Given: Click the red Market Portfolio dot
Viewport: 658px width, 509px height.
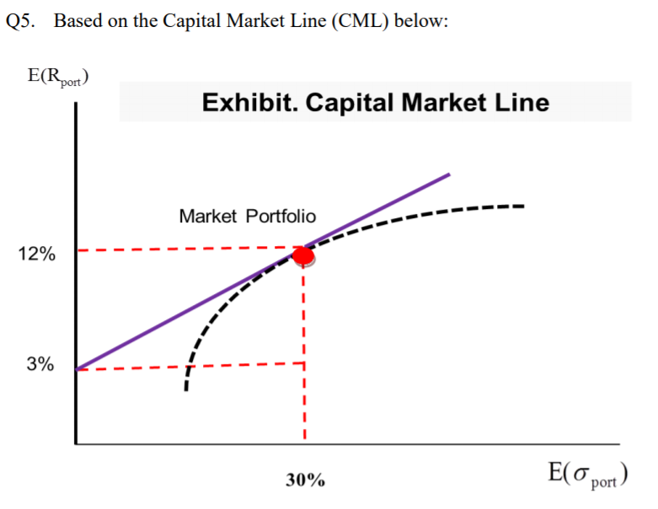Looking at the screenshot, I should (303, 255).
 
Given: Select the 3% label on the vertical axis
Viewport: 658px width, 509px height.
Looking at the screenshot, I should (40, 365).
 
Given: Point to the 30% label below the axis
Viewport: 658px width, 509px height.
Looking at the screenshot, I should (304, 481).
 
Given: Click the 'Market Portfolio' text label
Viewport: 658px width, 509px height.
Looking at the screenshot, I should (248, 217).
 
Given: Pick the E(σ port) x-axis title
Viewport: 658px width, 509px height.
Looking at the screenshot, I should (588, 474).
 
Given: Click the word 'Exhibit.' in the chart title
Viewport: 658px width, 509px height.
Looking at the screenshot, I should (249, 104).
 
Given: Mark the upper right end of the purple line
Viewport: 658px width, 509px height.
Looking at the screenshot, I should (449, 174).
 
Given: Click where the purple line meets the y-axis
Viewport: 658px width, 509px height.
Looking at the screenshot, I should (78, 369).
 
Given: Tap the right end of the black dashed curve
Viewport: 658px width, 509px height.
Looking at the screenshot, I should (522, 206).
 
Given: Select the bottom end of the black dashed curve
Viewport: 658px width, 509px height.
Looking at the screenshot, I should (186, 389).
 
